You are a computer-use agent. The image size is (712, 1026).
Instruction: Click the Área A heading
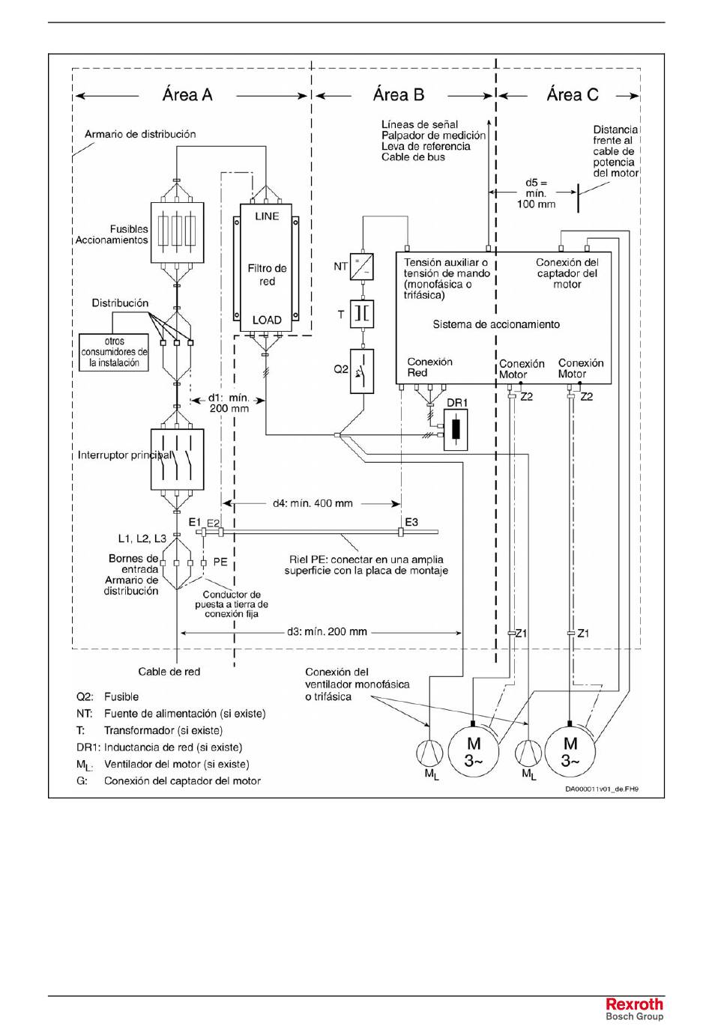point(187,95)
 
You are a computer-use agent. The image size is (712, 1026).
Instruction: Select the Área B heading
point(399,95)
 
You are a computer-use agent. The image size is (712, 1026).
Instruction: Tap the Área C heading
point(572,95)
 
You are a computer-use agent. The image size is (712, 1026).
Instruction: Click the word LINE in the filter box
point(267,216)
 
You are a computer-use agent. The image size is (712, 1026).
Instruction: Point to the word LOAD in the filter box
point(267,320)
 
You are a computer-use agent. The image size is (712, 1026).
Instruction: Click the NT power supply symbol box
point(362,267)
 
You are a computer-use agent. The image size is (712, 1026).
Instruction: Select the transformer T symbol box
point(362,315)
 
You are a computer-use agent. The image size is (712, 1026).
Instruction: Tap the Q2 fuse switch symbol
point(362,371)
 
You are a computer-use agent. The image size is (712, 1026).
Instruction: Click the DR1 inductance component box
point(456,430)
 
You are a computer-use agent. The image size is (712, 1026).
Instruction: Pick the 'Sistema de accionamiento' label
point(496,325)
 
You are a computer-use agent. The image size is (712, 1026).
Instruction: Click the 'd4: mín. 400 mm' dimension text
point(313,503)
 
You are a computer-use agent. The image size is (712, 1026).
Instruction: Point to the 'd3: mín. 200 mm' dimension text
point(327,631)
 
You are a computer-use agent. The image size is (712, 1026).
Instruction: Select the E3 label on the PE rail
point(411,522)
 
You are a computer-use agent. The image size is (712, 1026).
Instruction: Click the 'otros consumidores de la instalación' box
point(114,352)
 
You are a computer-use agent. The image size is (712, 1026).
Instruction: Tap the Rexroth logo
point(635,1004)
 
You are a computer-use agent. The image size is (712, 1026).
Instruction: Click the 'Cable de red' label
point(169,672)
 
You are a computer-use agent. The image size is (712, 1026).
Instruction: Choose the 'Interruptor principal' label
point(125,455)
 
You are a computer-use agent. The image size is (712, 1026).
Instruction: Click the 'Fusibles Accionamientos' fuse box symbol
point(178,233)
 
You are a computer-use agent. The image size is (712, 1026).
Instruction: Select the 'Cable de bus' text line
point(413,157)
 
